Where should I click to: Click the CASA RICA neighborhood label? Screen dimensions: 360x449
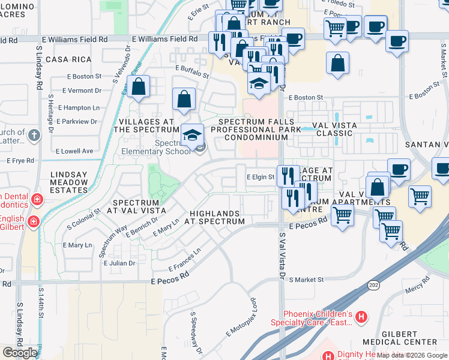(x=68, y=59)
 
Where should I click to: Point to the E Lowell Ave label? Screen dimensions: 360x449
(x=74, y=151)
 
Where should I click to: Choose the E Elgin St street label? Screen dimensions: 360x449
(x=261, y=177)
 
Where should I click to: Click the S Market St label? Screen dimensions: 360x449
(x=306, y=280)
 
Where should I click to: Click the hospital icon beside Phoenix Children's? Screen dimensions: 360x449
(x=361, y=317)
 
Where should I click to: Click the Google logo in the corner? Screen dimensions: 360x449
(x=20, y=353)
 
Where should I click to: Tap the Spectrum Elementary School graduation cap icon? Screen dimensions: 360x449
(x=193, y=134)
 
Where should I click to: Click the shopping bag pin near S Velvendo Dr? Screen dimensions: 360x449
(x=139, y=86)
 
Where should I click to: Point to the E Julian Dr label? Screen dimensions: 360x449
(x=119, y=263)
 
